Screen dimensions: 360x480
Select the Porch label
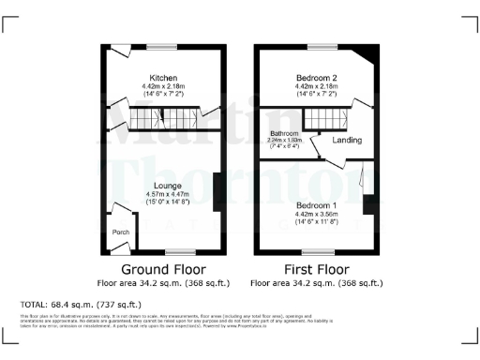(120, 232)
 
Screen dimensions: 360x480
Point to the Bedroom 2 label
(316, 78)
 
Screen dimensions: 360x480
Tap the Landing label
(348, 141)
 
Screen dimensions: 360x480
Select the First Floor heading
(316, 267)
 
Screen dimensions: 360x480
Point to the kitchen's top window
(167, 47)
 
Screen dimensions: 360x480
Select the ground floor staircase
(164, 118)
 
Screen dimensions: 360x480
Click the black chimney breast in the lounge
(216, 192)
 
